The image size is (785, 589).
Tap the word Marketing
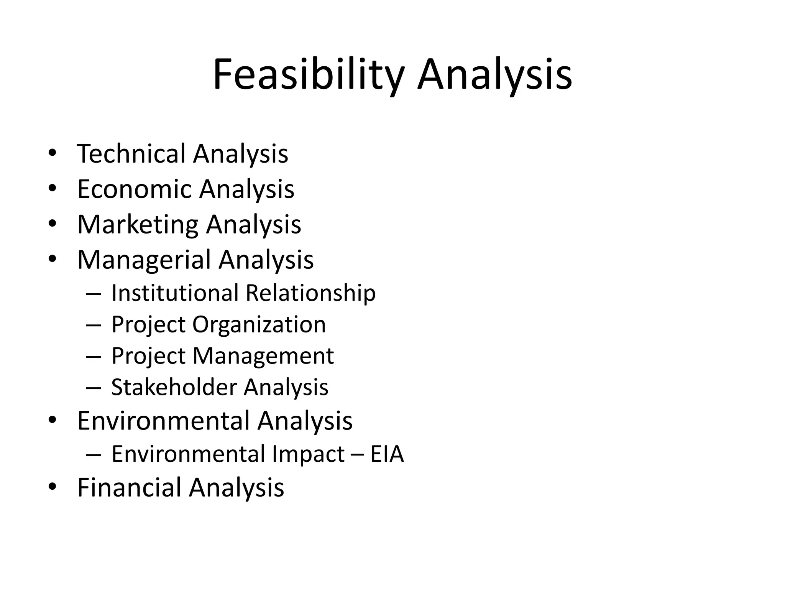pyautogui.click(x=138, y=225)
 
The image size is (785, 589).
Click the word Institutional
pyautogui.click(x=175, y=293)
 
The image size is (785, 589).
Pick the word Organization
pyautogui.click(x=259, y=325)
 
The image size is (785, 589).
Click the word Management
pyautogui.click(x=263, y=357)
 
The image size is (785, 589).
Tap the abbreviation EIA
pyautogui.click(x=387, y=454)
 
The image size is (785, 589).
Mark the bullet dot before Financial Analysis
pyautogui.click(x=52, y=487)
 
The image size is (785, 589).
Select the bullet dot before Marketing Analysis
pyautogui.click(x=52, y=224)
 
